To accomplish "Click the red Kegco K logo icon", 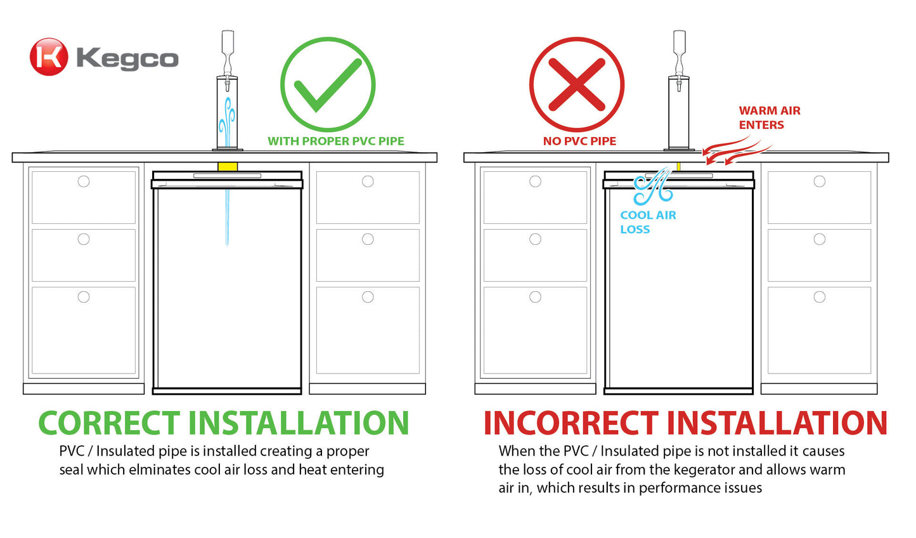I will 48,57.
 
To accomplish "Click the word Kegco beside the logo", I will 127,59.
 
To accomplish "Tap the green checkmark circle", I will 328,85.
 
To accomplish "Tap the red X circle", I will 576,85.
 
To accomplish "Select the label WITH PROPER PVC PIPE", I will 335,141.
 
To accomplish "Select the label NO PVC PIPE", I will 579,141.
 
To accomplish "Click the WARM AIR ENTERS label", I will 769,117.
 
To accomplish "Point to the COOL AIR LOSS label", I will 647,222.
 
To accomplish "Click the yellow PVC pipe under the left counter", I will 228,167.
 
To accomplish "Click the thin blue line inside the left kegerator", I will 227,216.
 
